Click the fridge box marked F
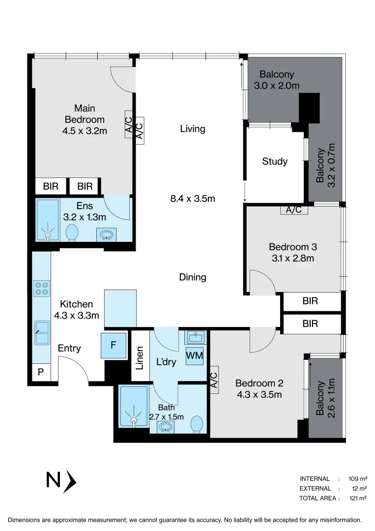tap(113, 345)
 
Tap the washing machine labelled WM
tap(195, 355)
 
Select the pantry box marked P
tap(41, 372)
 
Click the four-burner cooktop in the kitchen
tap(41, 288)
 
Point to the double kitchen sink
tap(41, 332)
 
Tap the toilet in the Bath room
tap(197, 423)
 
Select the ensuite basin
tap(106, 235)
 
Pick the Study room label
tap(275, 161)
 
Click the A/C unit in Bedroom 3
tap(294, 210)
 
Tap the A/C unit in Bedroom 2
tap(214, 380)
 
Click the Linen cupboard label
tap(140, 358)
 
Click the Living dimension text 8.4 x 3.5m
tap(192, 199)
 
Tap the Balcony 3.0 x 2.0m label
tap(277, 80)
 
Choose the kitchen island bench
tap(120, 308)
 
